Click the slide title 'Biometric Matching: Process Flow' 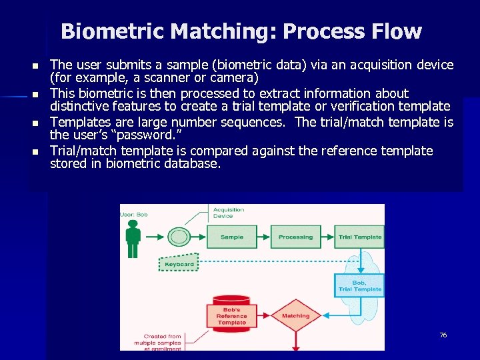(241, 31)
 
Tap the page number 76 (443, 335)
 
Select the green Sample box (232, 237)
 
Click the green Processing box (295, 237)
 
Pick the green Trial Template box (360, 237)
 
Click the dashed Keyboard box (179, 263)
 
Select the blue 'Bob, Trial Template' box (359, 287)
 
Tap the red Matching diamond (295, 315)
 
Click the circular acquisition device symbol (179, 237)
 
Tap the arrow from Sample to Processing (263, 237)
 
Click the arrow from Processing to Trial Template (327, 237)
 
